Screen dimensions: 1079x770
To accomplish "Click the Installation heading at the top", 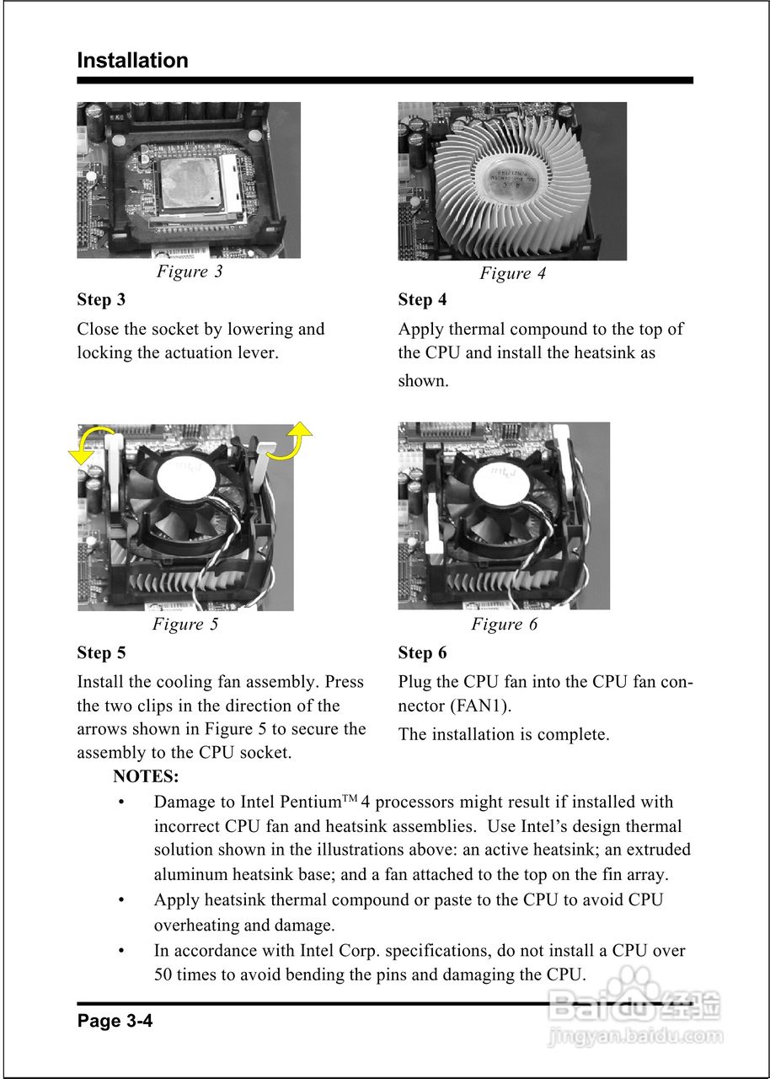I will [132, 61].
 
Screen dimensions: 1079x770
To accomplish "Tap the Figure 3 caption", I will [190, 271].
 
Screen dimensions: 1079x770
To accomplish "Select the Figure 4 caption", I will [512, 273].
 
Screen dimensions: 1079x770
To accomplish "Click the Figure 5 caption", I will [184, 625].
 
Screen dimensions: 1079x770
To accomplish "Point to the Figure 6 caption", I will [504, 625].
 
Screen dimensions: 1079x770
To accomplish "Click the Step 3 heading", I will [101, 300].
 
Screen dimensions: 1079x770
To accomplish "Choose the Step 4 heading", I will [422, 300].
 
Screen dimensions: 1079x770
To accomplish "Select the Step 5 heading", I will [101, 653].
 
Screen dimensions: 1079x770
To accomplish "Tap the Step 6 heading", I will [422, 653].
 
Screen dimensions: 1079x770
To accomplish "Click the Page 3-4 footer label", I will [115, 1022].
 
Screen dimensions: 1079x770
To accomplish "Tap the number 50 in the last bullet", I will [166, 975].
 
